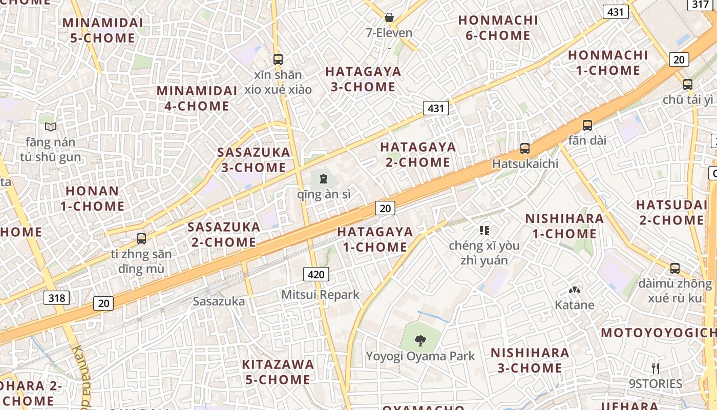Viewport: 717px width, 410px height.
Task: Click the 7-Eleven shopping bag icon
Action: (389, 17)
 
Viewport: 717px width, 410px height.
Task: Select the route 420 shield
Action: (316, 274)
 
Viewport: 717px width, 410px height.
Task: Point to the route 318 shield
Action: (56, 298)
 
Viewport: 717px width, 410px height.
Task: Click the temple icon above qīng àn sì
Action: (323, 179)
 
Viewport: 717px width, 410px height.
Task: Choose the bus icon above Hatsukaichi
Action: (525, 149)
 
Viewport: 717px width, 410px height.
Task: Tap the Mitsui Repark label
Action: (321, 295)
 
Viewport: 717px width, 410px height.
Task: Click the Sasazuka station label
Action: (219, 301)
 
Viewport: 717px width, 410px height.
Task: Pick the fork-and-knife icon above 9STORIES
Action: (655, 368)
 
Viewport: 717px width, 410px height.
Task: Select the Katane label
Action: (575, 305)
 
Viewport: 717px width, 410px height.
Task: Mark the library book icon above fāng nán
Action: (51, 127)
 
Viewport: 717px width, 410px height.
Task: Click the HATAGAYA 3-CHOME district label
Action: (363, 79)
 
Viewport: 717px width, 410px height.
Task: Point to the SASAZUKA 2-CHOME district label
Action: (224, 234)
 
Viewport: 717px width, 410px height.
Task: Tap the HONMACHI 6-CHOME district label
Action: (498, 28)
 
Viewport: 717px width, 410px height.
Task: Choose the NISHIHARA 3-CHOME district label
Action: (530, 360)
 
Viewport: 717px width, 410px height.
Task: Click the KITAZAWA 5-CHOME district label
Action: (278, 372)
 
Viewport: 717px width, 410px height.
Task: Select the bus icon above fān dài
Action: (587, 125)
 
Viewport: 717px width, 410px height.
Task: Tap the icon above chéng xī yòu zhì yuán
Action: (484, 231)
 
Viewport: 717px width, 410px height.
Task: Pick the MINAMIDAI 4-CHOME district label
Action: (197, 98)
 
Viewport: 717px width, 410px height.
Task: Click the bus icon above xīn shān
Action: (278, 59)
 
